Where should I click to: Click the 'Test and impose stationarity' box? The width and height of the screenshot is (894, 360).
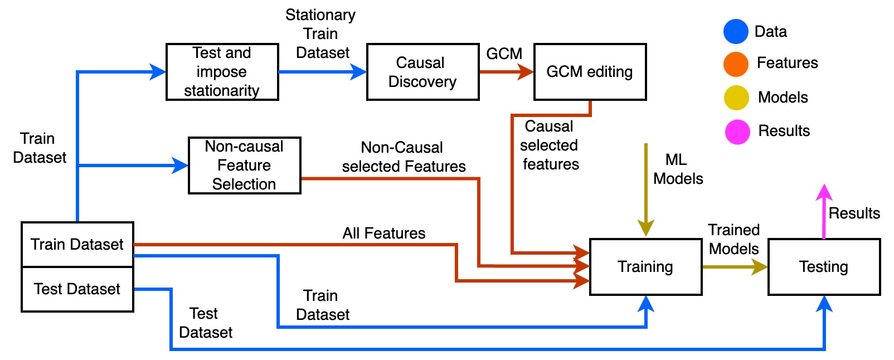[222, 72]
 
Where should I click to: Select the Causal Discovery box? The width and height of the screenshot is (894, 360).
[422, 72]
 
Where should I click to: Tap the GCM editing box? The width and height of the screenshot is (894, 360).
[590, 72]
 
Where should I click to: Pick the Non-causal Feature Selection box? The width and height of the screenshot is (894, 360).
[245, 166]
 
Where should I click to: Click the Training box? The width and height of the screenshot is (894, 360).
[646, 267]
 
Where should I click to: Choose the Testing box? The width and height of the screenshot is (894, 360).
[824, 267]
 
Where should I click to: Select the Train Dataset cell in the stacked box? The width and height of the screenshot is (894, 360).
[77, 244]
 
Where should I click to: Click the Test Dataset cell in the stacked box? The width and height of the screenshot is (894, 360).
[77, 289]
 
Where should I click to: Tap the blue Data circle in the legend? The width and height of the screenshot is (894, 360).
[736, 31]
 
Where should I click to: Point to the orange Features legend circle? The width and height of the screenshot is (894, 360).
[736, 64]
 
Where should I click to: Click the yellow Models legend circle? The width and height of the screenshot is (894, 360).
[736, 98]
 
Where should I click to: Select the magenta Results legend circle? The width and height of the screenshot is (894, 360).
[737, 132]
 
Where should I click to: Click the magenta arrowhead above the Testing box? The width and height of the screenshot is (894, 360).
[824, 192]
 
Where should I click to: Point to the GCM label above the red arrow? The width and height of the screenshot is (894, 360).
[504, 53]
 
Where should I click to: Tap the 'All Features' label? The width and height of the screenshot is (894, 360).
[384, 233]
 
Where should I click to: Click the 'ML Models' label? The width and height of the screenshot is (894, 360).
[678, 169]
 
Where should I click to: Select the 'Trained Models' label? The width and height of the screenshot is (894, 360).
[733, 239]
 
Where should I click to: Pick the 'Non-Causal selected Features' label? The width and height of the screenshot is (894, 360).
[404, 157]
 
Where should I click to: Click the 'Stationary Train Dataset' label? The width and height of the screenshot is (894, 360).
[321, 34]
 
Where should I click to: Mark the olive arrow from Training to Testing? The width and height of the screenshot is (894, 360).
[735, 266]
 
